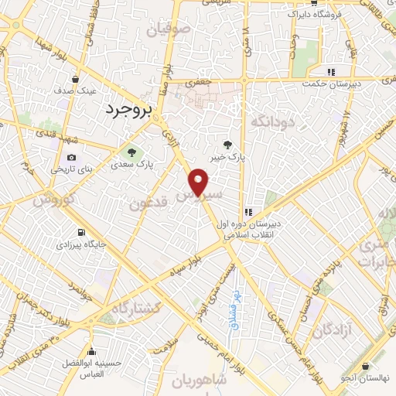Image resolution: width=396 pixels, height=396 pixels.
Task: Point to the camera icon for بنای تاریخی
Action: [x=71, y=157]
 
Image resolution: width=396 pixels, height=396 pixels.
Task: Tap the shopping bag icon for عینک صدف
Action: [x=76, y=78]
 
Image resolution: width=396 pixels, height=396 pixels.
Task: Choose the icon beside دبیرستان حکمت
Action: [x=331, y=72]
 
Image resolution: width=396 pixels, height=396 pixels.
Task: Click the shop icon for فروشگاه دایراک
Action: [x=291, y=13]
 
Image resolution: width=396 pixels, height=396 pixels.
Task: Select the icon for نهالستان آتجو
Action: [x=364, y=367]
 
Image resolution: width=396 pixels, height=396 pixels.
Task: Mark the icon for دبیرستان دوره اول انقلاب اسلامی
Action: [x=248, y=212]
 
